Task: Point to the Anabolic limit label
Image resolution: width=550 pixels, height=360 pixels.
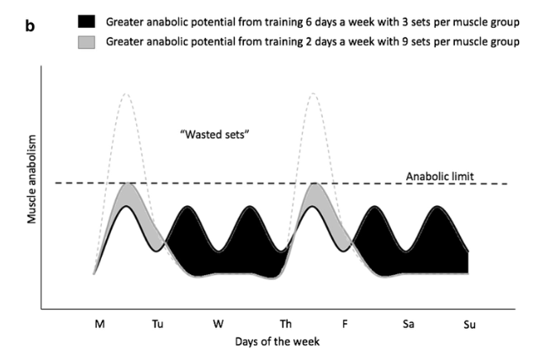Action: tap(442, 176)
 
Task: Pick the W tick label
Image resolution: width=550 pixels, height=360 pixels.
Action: tap(219, 322)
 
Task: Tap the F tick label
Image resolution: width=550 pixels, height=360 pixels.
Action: tap(345, 322)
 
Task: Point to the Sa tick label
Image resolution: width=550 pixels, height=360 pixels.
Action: tap(409, 322)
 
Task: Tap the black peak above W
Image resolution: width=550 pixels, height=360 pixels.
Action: tap(249, 208)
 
